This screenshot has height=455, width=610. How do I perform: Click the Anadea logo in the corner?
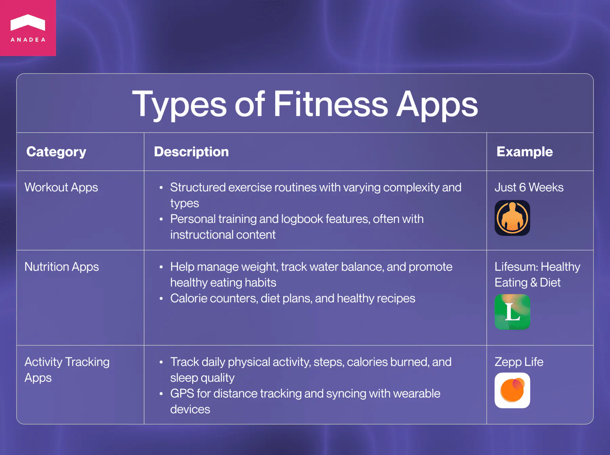coord(28,28)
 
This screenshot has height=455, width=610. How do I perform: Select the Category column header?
coord(56,152)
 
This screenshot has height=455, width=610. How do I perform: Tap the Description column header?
coord(191,152)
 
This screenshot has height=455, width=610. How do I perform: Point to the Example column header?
coord(524,152)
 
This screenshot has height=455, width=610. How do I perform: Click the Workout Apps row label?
coord(61,187)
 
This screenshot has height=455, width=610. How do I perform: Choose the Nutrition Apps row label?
coord(62,267)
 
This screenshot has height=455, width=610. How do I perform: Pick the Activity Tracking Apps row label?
coord(67,369)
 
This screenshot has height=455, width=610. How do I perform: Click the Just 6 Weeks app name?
coord(529,187)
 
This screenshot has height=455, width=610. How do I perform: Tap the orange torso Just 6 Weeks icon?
coord(512,218)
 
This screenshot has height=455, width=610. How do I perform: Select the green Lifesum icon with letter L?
coord(512,312)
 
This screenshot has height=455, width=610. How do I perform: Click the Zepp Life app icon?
coord(512,390)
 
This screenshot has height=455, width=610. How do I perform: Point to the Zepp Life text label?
coord(518,362)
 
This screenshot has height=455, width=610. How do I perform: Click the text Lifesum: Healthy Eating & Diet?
coord(537,274)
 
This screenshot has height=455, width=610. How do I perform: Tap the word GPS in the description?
coord(182,394)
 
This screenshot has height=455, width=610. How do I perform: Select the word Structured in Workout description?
coord(198,187)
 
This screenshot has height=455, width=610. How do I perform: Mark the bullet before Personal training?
coord(161,219)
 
